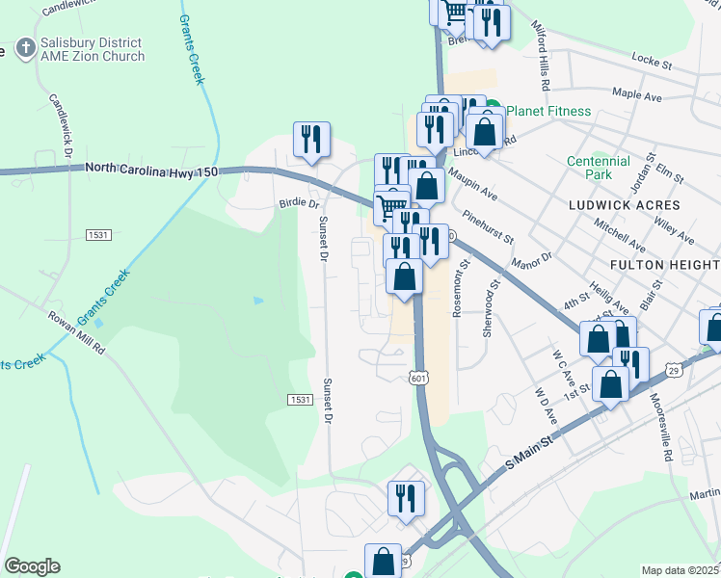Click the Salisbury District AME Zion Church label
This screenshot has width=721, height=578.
click(92, 49)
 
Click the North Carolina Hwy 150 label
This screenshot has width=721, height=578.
click(152, 169)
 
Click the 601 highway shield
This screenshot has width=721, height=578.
click(417, 379)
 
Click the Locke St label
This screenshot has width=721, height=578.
click(651, 62)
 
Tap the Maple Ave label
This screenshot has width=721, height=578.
click(637, 94)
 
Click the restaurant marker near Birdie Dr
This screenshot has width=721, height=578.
click(311, 140)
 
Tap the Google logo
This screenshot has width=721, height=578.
click(31, 566)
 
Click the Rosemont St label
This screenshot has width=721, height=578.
click(460, 288)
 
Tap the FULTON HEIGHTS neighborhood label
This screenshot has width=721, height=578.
click(664, 263)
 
